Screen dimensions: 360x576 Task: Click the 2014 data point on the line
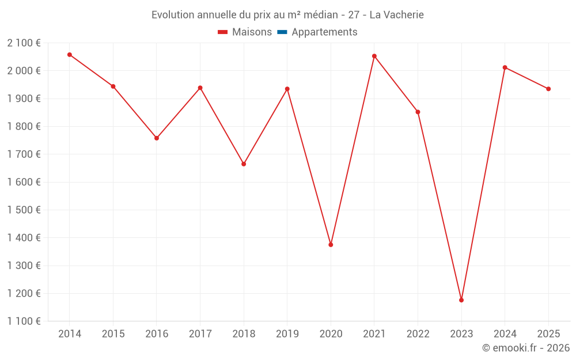pos(70,55)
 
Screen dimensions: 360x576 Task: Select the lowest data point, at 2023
pos(461,300)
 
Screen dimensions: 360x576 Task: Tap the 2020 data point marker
pos(331,245)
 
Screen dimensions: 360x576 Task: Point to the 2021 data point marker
pos(374,56)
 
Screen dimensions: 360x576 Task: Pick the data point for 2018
pos(244,164)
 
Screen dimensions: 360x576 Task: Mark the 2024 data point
pos(505,67)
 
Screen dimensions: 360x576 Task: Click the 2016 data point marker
pos(157,138)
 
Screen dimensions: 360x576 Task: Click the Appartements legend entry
pos(324,32)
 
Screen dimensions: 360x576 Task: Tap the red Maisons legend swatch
pos(223,32)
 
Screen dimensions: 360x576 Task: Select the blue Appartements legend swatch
pos(282,32)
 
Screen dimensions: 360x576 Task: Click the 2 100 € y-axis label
pos(24,43)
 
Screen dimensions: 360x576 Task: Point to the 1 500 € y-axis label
pos(24,210)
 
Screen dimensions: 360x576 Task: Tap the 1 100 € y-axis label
pos(24,321)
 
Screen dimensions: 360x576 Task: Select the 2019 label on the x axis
pos(287,334)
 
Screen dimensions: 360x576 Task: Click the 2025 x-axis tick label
pos(548,334)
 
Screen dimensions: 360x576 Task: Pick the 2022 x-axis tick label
pos(418,334)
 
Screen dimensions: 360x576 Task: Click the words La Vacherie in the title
pos(396,15)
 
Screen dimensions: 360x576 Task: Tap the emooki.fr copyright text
pos(526,348)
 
